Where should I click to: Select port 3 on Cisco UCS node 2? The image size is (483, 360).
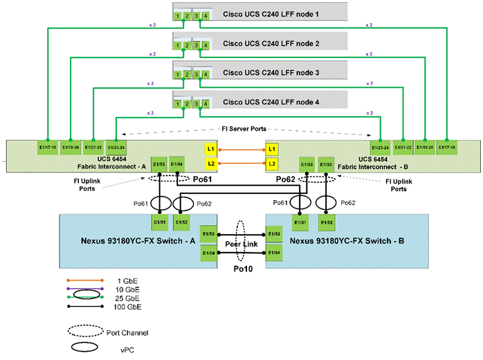197,43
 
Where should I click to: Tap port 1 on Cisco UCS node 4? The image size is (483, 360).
178,105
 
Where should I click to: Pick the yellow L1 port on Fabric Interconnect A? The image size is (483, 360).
210,150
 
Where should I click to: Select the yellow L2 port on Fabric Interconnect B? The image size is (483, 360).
272,163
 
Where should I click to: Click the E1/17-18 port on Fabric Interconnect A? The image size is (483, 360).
48,147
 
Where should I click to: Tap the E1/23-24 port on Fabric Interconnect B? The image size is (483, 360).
381,147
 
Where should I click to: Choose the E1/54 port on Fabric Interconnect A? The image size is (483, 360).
176,164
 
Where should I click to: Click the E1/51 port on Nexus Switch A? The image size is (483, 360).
160,222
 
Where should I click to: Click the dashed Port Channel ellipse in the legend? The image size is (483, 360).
84,331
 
